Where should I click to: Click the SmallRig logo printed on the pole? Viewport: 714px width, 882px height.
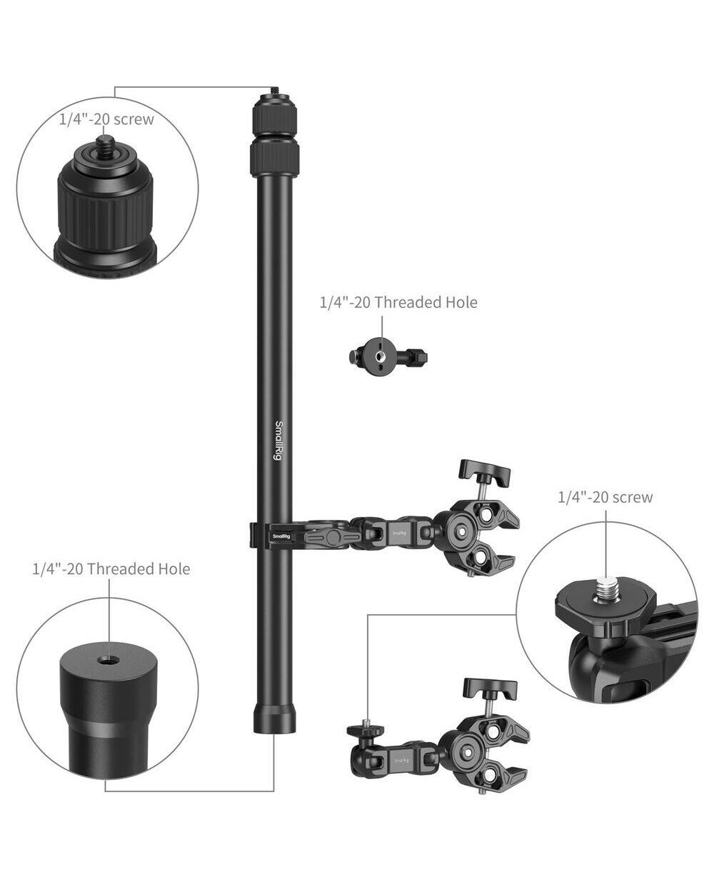278,441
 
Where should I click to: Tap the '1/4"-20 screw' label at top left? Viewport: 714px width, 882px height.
106,119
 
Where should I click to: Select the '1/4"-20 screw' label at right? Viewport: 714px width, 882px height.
605,497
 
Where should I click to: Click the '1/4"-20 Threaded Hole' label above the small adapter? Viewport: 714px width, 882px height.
398,302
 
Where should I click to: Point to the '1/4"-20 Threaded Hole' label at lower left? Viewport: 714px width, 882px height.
111,569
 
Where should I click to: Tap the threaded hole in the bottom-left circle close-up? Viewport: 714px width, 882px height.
109,659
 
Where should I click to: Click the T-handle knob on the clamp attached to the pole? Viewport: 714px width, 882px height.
485,472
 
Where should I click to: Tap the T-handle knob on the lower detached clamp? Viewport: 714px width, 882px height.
491,692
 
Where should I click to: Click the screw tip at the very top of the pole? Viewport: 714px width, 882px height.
274,91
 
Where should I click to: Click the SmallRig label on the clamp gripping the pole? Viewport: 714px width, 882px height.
281,536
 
